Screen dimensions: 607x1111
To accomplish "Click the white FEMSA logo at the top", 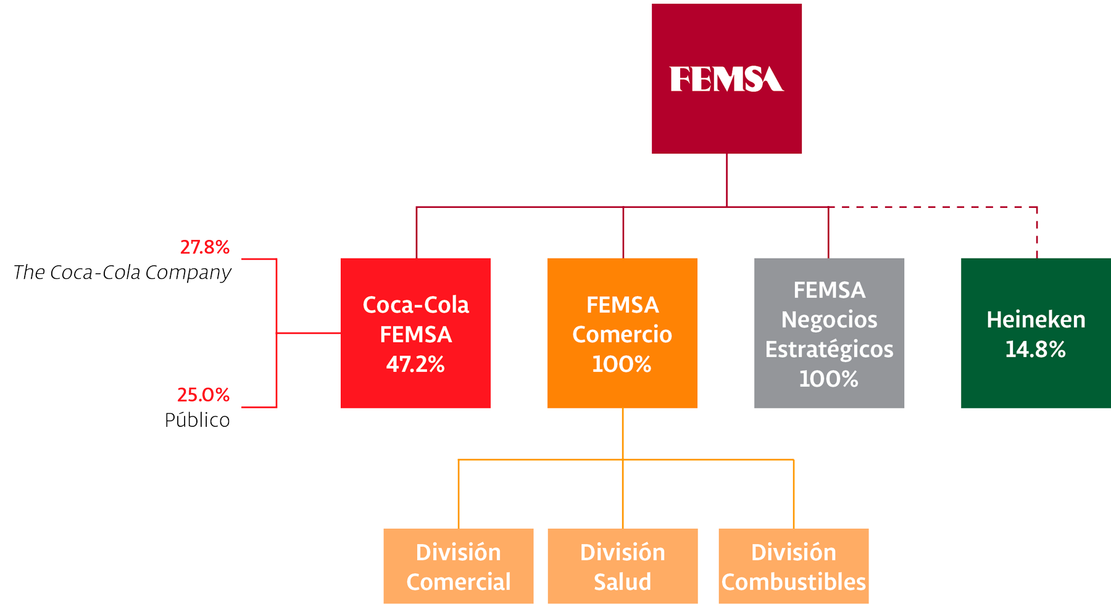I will pos(726,80).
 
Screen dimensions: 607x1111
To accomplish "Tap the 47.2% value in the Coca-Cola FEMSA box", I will pos(415,365).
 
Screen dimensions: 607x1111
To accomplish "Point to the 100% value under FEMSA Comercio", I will pos(622,365).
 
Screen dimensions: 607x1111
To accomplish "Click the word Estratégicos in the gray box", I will pos(829,349).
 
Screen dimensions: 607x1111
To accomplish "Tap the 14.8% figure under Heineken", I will pos(1035,350).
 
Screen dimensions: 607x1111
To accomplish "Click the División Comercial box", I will pos(458,566).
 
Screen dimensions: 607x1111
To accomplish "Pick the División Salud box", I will pos(622,566).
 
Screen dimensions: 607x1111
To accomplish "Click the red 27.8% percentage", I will pos(205,247).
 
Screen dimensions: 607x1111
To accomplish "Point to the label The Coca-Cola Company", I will pos(122,272).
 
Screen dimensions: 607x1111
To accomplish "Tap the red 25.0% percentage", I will pos(204,395).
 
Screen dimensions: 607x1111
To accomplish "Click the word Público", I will pos(197,420).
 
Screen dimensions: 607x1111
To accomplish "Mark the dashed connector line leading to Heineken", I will pos(938,207).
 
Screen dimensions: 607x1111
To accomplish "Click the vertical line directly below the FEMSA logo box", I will pos(726,179).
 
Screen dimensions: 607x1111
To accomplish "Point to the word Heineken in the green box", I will pos(1036,320).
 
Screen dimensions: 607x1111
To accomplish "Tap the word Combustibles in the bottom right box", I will pos(793,582).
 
